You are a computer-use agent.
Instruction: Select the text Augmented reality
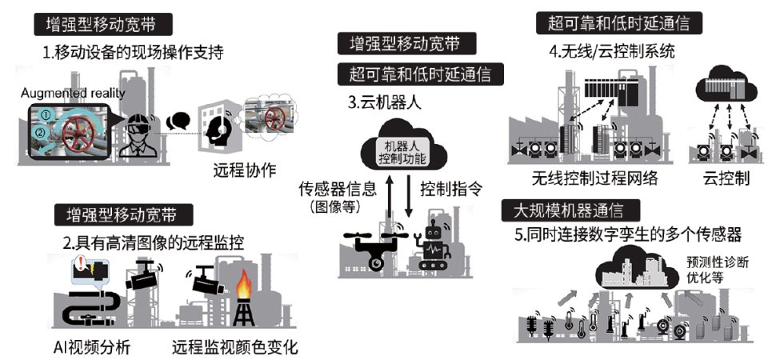(74, 92)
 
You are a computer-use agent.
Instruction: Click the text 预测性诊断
(713, 262)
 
